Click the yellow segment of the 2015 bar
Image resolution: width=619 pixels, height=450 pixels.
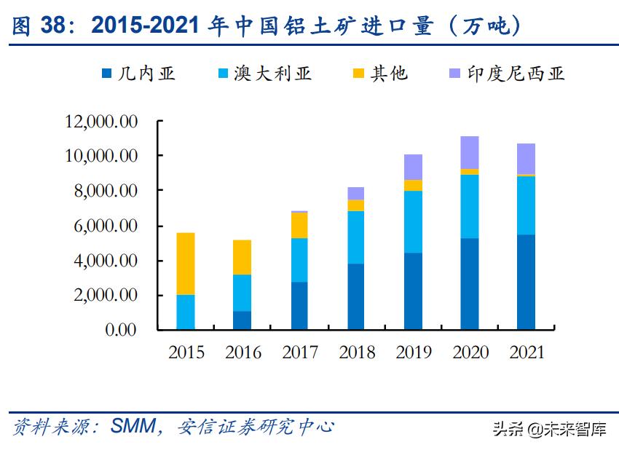click(x=186, y=264)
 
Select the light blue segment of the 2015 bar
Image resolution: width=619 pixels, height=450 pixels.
click(x=186, y=312)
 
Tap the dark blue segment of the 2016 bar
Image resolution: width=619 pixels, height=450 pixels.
click(x=243, y=320)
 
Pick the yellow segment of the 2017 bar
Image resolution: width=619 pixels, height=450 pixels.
click(x=299, y=225)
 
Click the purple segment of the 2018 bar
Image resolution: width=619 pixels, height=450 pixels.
click(x=355, y=193)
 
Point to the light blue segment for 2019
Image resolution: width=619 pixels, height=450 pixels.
click(x=413, y=221)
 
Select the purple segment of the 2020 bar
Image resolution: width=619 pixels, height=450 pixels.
click(x=470, y=152)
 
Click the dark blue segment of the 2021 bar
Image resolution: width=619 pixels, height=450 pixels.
click(x=526, y=282)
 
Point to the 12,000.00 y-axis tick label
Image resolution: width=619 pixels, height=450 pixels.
click(x=101, y=121)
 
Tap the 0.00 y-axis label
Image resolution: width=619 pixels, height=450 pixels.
click(x=121, y=330)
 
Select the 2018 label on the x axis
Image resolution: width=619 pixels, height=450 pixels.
click(x=356, y=353)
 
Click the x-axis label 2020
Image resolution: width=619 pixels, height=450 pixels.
click(x=470, y=353)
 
